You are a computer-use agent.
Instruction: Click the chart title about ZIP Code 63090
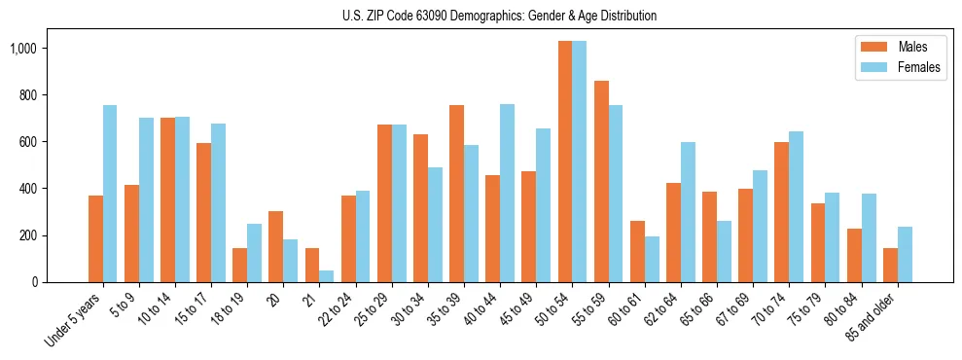(x=499, y=16)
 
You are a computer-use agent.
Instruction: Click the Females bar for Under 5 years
(x=110, y=194)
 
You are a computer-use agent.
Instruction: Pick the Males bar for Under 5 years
(x=95, y=238)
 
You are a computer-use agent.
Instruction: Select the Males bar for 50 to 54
(x=565, y=162)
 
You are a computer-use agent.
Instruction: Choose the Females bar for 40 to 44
(x=507, y=193)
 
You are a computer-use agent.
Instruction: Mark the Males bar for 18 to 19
(x=239, y=265)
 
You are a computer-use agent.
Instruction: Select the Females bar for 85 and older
(x=905, y=255)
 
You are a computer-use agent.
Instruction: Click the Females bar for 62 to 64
(x=688, y=212)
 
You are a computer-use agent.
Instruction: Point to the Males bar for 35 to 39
(x=456, y=194)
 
